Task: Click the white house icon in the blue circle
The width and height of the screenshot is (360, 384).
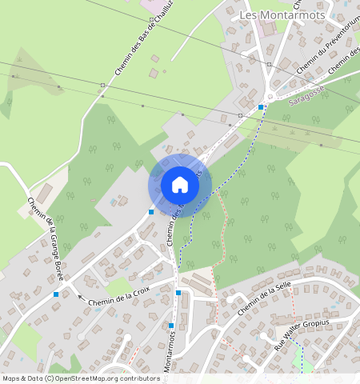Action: coord(180,185)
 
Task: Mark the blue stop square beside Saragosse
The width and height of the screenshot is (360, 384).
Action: coord(261,107)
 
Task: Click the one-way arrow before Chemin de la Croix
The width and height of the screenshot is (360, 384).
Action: coord(79,297)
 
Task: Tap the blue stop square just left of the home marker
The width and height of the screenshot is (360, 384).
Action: coord(151,212)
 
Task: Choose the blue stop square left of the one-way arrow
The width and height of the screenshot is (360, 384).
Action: coord(56,294)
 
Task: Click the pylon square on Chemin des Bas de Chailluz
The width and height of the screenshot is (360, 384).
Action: coord(103,85)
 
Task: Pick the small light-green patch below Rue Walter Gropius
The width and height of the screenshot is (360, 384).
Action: coord(305,365)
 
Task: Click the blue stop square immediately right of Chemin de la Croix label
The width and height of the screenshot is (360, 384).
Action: coord(178,294)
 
